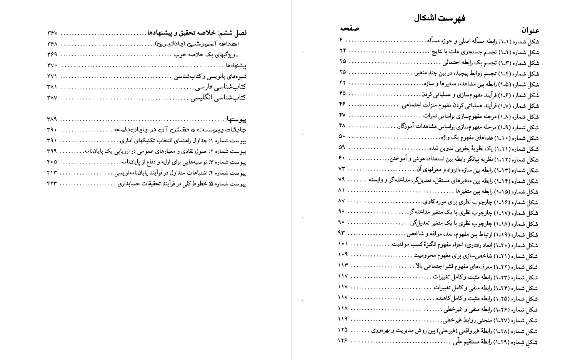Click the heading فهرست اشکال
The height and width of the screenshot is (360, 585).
(440, 18)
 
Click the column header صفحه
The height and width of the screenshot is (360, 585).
(349, 29)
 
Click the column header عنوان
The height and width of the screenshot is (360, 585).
(530, 30)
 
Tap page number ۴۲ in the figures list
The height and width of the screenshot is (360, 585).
(343, 83)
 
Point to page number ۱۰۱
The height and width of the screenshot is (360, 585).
(343, 244)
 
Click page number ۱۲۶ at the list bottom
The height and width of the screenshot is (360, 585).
(343, 340)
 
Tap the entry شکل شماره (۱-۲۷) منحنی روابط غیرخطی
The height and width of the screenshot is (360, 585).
(490, 320)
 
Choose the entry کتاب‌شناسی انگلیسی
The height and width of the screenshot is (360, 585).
(218, 98)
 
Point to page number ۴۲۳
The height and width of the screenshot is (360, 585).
(52, 183)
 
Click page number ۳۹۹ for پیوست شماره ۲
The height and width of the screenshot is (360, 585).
(52, 151)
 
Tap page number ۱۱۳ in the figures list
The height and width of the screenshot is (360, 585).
(343, 265)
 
